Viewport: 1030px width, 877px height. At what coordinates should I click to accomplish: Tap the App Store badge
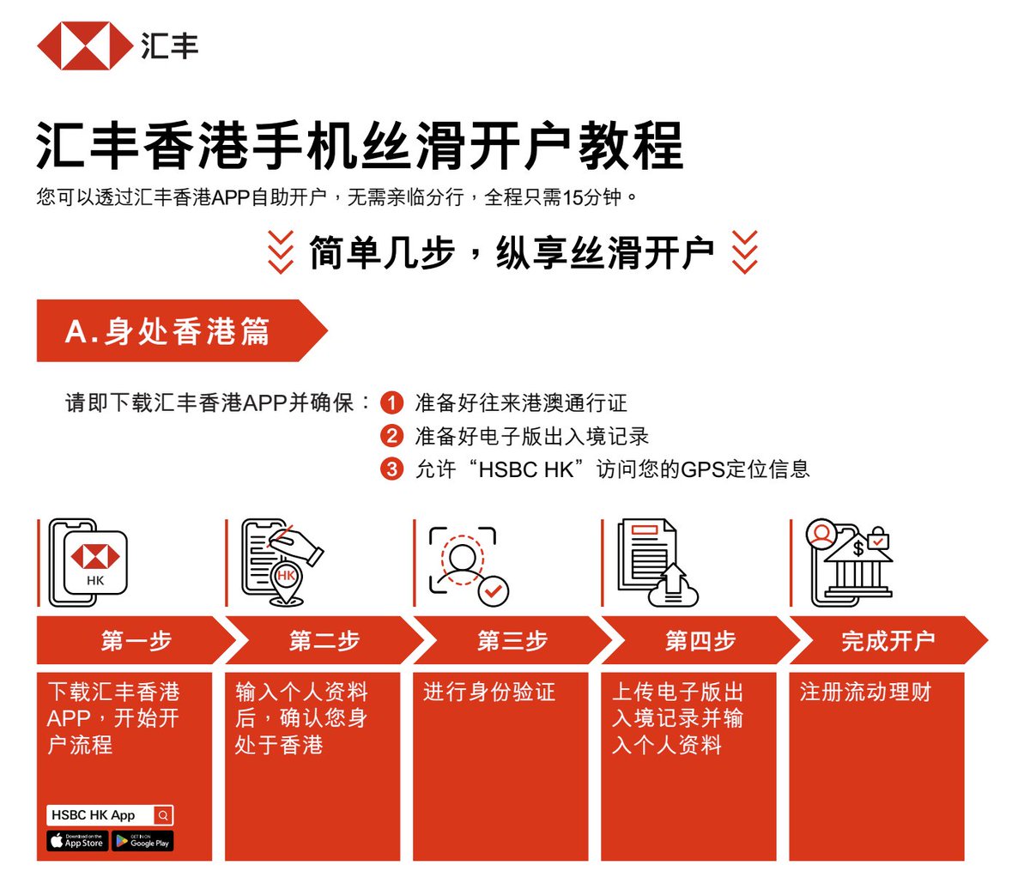click(77, 841)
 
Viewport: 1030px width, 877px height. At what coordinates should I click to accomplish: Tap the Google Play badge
click(143, 841)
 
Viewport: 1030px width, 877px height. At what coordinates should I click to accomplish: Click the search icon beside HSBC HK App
click(163, 815)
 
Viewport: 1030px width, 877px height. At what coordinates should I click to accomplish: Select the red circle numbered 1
click(391, 402)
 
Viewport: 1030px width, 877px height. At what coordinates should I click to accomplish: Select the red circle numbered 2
click(391, 436)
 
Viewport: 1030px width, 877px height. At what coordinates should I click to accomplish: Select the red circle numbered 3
click(391, 469)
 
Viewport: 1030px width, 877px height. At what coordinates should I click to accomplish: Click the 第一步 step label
click(136, 640)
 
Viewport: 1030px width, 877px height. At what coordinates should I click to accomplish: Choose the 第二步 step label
click(324, 640)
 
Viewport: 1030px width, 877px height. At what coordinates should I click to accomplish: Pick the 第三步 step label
click(512, 640)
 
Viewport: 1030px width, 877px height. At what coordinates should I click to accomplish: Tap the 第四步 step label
click(700, 640)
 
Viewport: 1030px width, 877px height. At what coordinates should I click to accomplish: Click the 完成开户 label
click(888, 640)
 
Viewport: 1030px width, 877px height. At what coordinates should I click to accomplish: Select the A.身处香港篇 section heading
click(168, 331)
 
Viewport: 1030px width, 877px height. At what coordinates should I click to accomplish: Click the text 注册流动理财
click(865, 692)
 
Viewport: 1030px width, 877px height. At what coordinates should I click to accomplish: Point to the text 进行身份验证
click(489, 692)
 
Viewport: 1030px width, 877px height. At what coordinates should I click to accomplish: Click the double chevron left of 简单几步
click(281, 252)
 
